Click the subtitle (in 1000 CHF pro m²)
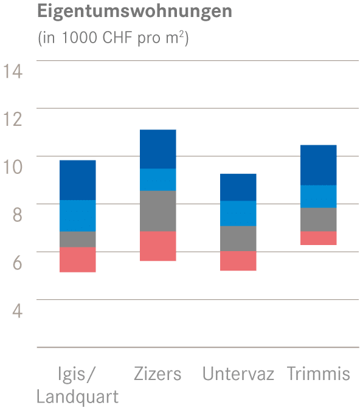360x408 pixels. pyautogui.click(x=114, y=38)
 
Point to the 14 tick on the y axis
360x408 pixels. pyautogui.click(x=13, y=71)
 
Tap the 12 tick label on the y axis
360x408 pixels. pyautogui.click(x=13, y=119)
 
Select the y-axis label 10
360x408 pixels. pyautogui.click(x=13, y=167)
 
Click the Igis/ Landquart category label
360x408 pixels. pyautogui.click(x=77, y=384)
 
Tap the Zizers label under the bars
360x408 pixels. pyautogui.click(x=157, y=373)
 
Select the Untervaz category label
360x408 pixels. pyautogui.click(x=238, y=373)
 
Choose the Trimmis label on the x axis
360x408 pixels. pyautogui.click(x=319, y=373)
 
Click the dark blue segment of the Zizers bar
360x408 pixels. pyautogui.click(x=158, y=149)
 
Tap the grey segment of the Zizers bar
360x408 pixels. pyautogui.click(x=158, y=211)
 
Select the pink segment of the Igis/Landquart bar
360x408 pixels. pyautogui.click(x=78, y=260)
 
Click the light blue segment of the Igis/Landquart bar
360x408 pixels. pyautogui.click(x=78, y=216)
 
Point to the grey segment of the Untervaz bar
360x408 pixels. pyautogui.click(x=238, y=238)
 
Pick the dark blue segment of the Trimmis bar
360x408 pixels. pyautogui.click(x=319, y=165)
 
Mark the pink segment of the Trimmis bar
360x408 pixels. pyautogui.click(x=319, y=238)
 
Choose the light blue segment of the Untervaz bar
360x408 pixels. pyautogui.click(x=238, y=213)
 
